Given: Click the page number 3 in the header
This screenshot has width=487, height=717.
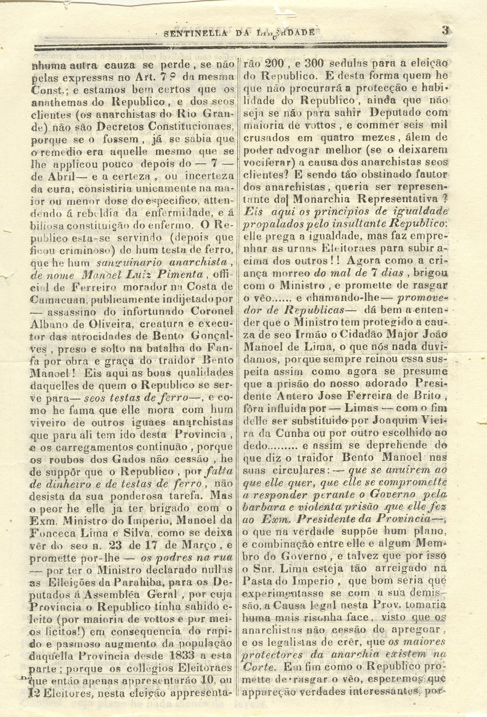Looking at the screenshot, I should coord(445,31).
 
